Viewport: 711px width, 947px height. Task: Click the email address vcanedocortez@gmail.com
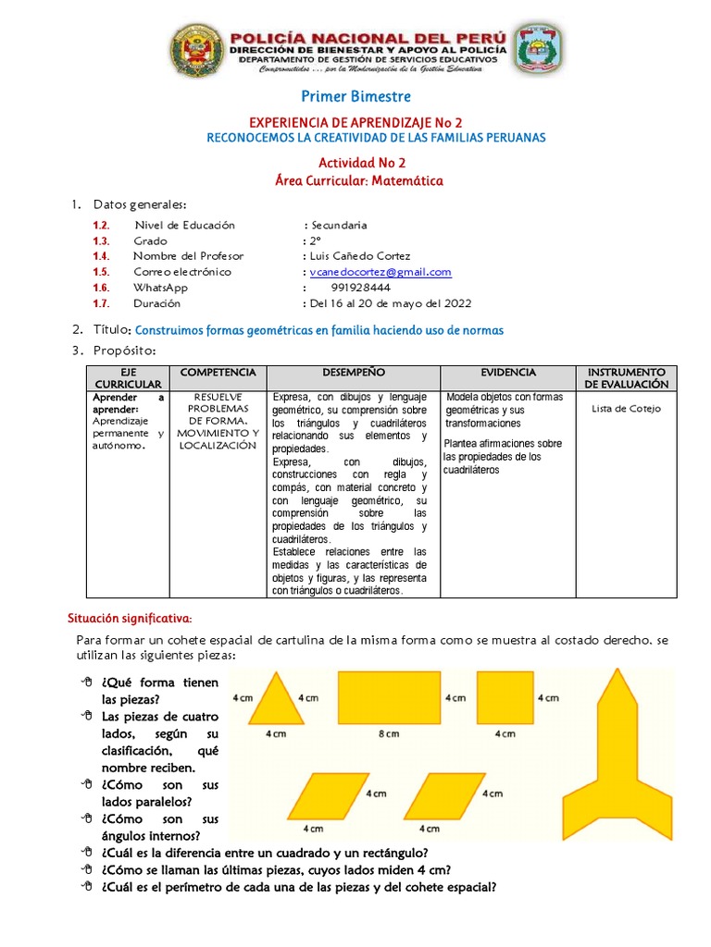point(380,272)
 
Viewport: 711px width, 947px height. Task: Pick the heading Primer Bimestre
point(355,97)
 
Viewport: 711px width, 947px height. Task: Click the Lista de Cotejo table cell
point(625,409)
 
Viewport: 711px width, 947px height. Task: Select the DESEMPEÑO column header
point(353,372)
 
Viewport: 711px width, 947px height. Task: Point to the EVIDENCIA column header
point(507,372)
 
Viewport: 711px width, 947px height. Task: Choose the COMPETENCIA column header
point(218,372)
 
